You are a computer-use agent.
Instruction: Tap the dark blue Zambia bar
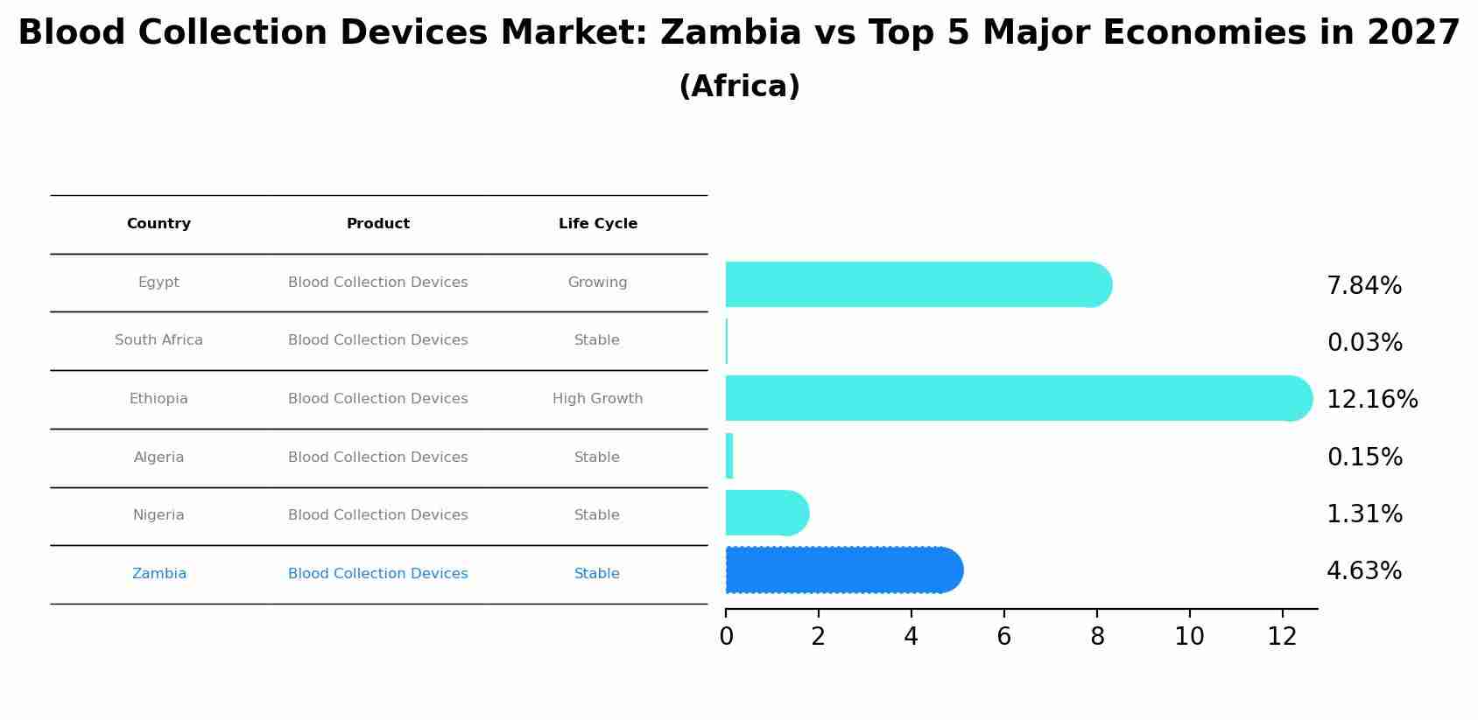pyautogui.click(x=841, y=570)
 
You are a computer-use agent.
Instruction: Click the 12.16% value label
pyautogui.click(x=1371, y=400)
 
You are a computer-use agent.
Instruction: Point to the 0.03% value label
pyautogui.click(x=1364, y=343)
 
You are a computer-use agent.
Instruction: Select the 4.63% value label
pyautogui.click(x=1363, y=571)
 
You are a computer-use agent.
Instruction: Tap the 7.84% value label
pyautogui.click(x=1363, y=286)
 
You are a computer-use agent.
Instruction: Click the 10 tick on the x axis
pyautogui.click(x=1189, y=637)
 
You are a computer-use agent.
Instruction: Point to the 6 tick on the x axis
pyautogui.click(x=1003, y=637)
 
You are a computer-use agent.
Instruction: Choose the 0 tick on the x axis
pyautogui.click(x=726, y=637)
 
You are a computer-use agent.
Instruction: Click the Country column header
pyautogui.click(x=158, y=224)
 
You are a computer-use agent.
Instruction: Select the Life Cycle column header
pyautogui.click(x=597, y=224)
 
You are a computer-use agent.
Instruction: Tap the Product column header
pyautogui.click(x=377, y=224)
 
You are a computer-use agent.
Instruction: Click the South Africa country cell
pyautogui.click(x=158, y=340)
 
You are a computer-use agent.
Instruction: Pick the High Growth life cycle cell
pyautogui.click(x=597, y=399)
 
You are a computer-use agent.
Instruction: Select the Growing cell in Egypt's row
pyautogui.click(x=597, y=283)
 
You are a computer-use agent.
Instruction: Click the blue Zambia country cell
pyautogui.click(x=158, y=574)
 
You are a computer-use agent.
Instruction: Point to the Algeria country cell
pyautogui.click(x=158, y=458)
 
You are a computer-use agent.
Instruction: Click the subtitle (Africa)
pyautogui.click(x=739, y=87)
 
